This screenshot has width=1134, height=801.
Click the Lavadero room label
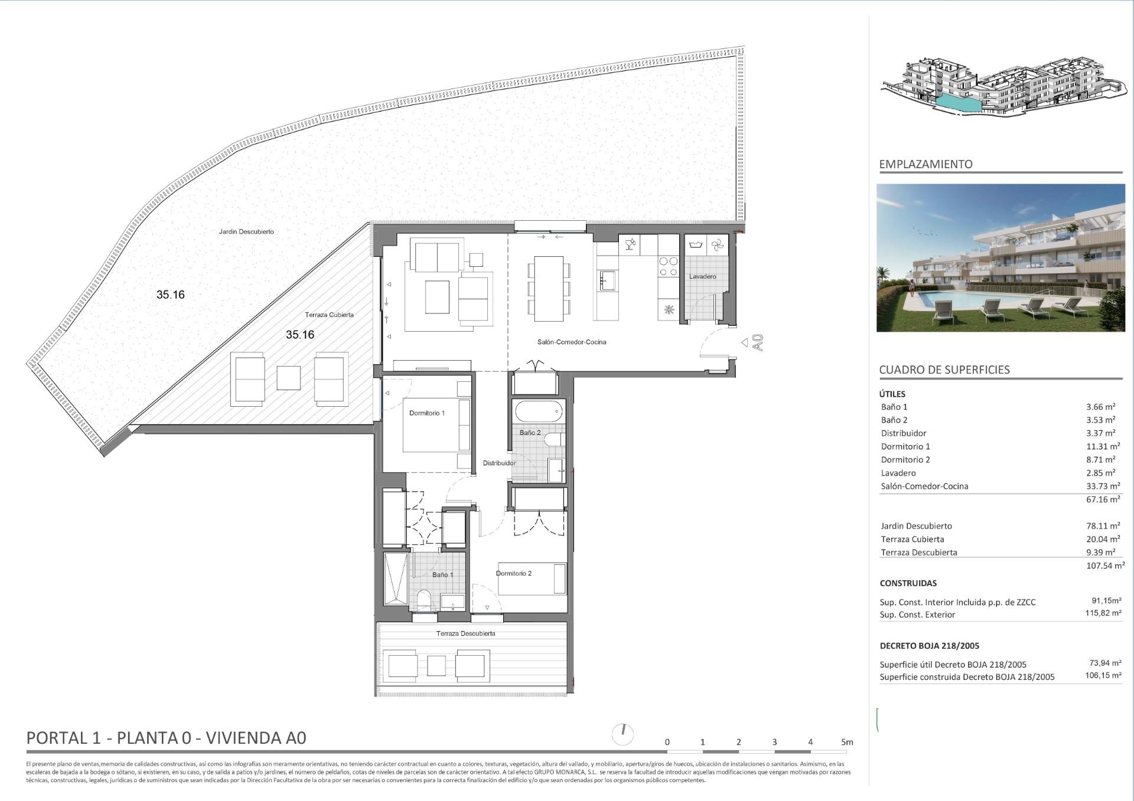point(702,276)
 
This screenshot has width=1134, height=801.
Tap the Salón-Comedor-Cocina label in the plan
point(571,342)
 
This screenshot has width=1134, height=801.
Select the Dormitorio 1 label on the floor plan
point(426,413)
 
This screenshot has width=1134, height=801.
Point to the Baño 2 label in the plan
point(530,433)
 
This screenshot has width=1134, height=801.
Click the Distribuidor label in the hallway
point(499,463)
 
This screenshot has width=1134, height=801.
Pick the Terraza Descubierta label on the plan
point(465,633)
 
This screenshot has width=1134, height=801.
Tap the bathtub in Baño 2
point(539,411)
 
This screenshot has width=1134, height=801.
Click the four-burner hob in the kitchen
point(669,266)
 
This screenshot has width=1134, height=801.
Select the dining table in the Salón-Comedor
point(549,288)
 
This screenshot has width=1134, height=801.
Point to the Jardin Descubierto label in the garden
point(246,231)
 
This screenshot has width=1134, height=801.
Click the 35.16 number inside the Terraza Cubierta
point(300,335)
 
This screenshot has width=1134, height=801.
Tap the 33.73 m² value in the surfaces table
point(1103,486)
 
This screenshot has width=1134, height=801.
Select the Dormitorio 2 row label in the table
point(905,460)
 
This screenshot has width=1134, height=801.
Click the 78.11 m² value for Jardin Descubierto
point(1103,526)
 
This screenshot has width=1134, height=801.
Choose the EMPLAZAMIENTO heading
point(926,164)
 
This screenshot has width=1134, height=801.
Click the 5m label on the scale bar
point(847,742)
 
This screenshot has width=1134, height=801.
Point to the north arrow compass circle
point(623,734)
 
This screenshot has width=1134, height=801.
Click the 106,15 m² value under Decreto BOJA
point(1103,676)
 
